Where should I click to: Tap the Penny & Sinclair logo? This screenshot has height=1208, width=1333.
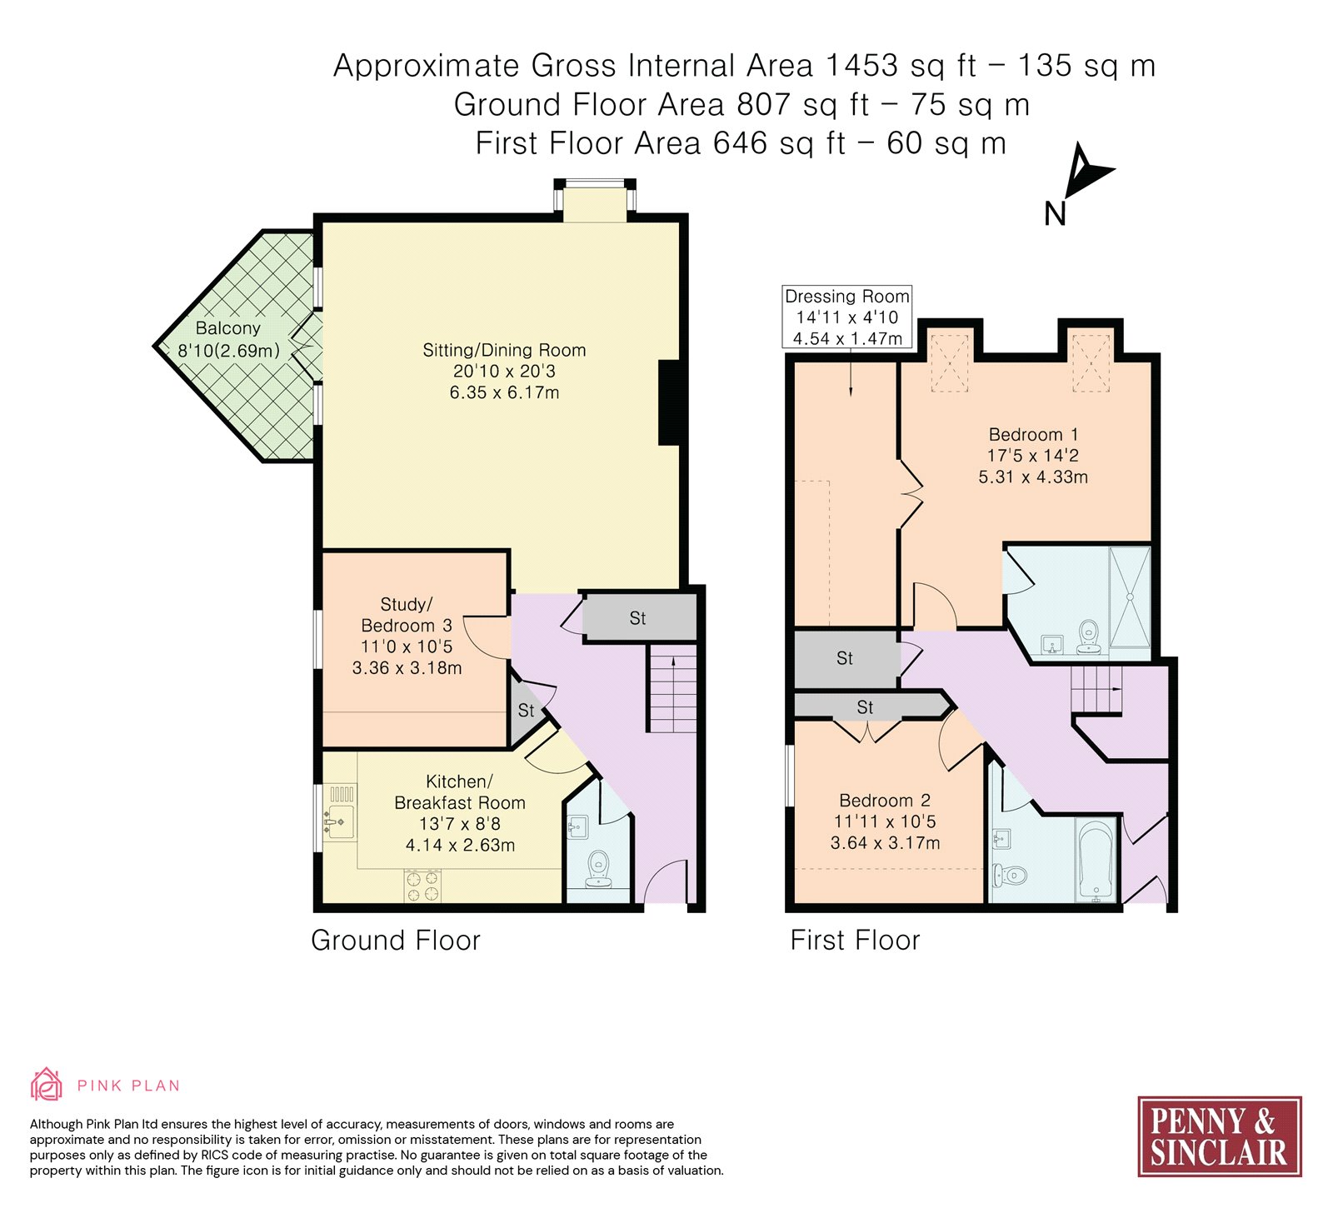point(1220,1136)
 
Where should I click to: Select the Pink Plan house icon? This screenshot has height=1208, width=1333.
point(47,1085)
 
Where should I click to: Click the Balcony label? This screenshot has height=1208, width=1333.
point(228,328)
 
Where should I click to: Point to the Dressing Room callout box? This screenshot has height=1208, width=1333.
point(847,317)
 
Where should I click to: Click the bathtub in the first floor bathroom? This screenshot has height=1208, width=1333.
point(1096,860)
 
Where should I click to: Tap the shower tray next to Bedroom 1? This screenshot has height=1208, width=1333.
point(1130,597)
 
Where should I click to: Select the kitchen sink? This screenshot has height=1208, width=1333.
point(339,821)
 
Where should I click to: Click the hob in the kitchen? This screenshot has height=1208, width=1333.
point(422,886)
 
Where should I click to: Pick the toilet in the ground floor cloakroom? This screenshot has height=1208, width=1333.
point(598,869)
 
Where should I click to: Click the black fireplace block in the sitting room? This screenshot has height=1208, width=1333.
point(669,402)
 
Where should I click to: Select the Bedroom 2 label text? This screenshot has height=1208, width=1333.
point(885,801)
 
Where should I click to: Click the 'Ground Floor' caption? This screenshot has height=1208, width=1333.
point(396,941)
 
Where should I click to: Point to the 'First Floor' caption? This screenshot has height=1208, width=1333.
point(856,941)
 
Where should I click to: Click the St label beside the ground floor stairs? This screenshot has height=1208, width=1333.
point(637,618)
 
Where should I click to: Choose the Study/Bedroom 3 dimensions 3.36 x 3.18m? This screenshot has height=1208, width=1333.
point(407,668)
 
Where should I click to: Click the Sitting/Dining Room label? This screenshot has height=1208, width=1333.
point(504,350)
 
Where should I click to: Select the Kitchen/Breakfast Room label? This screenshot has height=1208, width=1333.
point(460,792)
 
